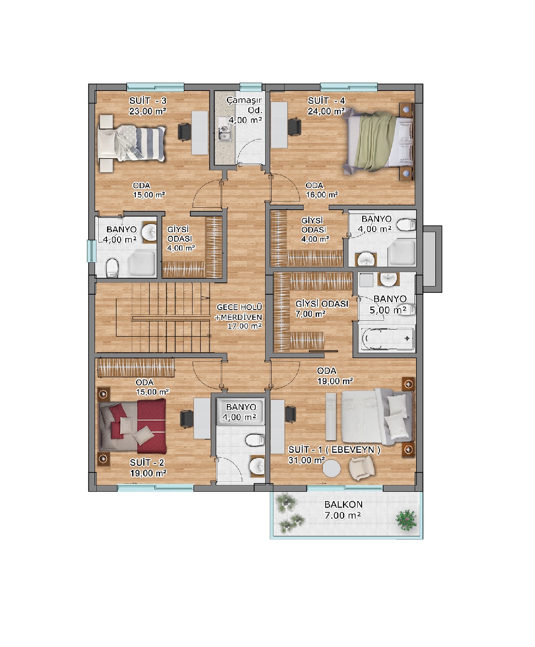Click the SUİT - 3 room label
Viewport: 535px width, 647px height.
(148, 101)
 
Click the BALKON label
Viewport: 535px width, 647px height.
(343, 504)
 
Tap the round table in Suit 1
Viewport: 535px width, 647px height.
(331, 468)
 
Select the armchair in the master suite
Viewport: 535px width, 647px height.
(362, 468)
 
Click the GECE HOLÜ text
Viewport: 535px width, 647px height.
(239, 307)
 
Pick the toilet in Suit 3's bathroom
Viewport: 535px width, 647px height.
(112, 267)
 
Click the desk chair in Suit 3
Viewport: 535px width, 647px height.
(185, 132)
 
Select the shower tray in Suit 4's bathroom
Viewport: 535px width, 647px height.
(401, 252)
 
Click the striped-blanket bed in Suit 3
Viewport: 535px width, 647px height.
(132, 143)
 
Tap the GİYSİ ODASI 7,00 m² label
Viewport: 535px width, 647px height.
(321, 309)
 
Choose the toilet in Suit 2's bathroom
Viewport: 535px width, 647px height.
(255, 440)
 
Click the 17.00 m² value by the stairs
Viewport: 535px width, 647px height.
(245, 326)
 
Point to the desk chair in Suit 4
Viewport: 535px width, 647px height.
(294, 127)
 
